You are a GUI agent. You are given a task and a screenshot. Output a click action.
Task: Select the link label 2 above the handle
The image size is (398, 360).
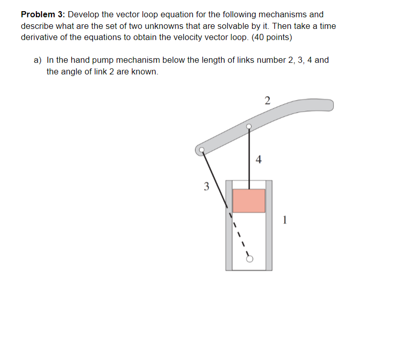[267, 100]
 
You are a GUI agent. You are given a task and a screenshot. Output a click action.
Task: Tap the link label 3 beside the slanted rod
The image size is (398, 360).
[206, 186]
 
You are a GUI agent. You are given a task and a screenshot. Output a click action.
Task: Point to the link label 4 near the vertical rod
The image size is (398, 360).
[259, 160]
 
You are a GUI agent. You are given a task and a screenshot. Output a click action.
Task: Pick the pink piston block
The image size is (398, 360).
[248, 201]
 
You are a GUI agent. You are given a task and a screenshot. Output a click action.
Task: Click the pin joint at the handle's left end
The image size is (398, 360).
[202, 150]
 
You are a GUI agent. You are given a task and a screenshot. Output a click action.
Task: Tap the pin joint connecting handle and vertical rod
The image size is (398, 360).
[248, 126]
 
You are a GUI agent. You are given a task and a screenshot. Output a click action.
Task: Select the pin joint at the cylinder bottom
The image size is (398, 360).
[248, 259]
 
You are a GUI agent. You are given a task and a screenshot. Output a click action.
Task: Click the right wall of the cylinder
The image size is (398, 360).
[269, 225]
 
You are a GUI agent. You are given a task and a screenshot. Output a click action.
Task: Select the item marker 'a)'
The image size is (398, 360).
[38, 60]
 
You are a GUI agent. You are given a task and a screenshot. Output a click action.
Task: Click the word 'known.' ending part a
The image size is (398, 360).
[145, 71]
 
